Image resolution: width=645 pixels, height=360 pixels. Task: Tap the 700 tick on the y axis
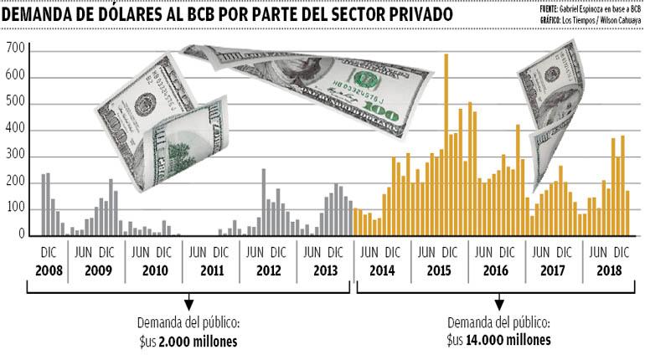16,51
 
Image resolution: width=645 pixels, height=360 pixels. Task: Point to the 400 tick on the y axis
16,131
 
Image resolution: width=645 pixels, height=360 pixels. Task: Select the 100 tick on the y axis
16,209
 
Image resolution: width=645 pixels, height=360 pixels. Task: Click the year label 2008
48,271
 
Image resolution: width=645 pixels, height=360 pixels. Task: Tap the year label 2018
608,271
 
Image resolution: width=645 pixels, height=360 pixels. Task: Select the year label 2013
323,271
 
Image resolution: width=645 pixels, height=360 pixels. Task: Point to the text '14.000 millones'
508,341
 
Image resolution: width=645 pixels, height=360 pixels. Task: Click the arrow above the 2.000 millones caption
188,302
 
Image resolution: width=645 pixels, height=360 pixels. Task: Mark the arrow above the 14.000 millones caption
498,302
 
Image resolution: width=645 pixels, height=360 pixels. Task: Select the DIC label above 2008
48,252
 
